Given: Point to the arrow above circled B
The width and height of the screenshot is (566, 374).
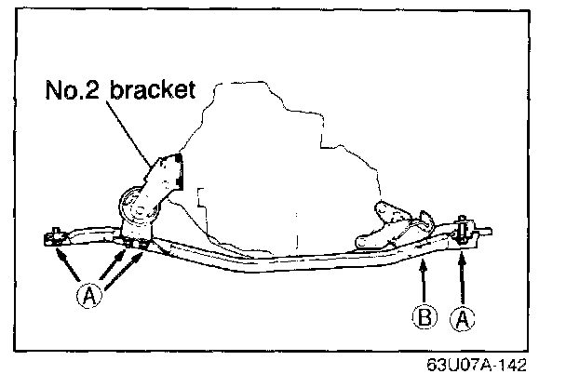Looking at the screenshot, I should pyautogui.click(x=422, y=284).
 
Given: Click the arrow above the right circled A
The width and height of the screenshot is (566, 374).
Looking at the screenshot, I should pyautogui.click(x=459, y=279).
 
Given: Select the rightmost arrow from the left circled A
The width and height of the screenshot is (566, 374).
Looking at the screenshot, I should pyautogui.click(x=128, y=265).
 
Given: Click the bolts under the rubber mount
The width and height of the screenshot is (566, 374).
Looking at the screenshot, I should pyautogui.click(x=133, y=244).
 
